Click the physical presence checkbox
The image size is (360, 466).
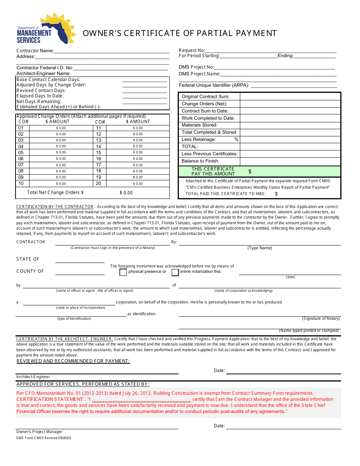pos(123,272)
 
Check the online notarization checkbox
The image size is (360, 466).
pos(175,272)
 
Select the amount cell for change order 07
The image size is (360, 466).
pos(61,165)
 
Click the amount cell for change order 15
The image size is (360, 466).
pos(138,153)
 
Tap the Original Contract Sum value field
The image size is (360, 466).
pos(290,97)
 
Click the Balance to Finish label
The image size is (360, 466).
pos(200,161)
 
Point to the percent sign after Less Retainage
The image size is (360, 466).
pos(236,139)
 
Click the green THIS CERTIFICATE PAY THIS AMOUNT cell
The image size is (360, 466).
pos(260,171)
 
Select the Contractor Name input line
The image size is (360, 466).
pos(111,51)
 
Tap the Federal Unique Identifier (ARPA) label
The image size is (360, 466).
pos(214,85)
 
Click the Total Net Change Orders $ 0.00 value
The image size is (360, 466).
pos(126,193)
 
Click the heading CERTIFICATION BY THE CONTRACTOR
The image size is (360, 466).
pos(55,206)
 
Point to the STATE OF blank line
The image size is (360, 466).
pos(80,260)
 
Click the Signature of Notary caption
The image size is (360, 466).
pos(321,319)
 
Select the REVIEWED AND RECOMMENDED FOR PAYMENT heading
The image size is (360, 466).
pos(73,361)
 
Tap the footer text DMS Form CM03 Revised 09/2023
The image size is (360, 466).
pos(44,438)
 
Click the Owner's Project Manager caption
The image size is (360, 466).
pos(39,432)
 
